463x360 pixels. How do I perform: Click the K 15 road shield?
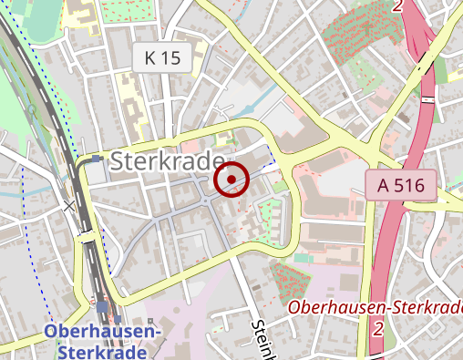pos(163,59)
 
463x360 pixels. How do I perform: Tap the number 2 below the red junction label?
pos(376,326)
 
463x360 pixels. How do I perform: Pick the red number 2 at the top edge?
pos(398,5)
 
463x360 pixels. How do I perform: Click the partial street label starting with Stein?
pos(263,336)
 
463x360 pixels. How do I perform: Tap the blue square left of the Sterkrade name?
pos(97,160)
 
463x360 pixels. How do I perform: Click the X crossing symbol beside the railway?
pos(69,206)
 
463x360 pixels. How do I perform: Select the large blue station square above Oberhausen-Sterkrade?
pos(102,307)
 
